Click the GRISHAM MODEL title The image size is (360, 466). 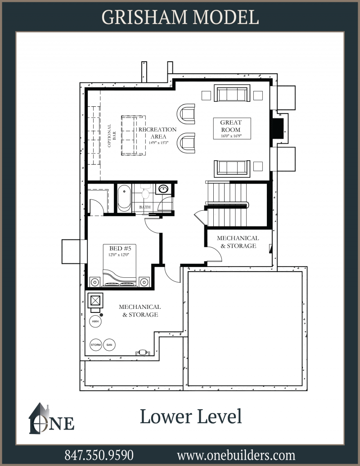180,18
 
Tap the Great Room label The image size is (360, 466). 231,126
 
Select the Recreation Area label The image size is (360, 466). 157,133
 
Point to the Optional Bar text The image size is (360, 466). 112,136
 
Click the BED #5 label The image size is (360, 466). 120,248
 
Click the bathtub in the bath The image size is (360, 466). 124,198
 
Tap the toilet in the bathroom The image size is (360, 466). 145,192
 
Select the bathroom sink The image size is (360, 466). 163,189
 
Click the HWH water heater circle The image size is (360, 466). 95,321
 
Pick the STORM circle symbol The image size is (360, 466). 96,345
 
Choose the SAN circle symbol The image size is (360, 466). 109,345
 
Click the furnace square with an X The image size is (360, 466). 95,300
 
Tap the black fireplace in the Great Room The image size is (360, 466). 278,128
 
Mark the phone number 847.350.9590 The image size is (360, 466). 99,455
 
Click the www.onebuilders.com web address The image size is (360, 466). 236,455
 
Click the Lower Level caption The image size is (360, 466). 191,416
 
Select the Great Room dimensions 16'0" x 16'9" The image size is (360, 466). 231,136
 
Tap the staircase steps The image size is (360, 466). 227,204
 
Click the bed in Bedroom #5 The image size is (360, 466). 120,265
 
